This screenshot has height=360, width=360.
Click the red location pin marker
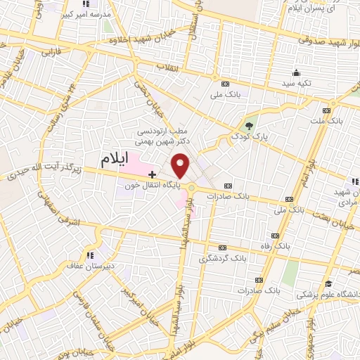click(181, 165)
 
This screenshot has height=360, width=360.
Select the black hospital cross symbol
click(152, 174)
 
